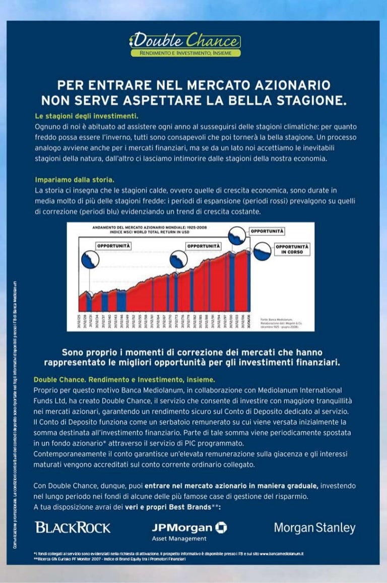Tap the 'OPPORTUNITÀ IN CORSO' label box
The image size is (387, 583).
coord(292,249)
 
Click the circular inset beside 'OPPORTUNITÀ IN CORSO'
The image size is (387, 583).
coord(262,251)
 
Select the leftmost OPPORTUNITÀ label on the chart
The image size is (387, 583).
coord(113,246)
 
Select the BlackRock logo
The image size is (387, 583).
coord(73,528)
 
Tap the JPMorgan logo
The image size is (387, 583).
coord(189,528)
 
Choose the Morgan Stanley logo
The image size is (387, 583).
coord(314,528)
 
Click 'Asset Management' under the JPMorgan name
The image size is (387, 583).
coord(173,539)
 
